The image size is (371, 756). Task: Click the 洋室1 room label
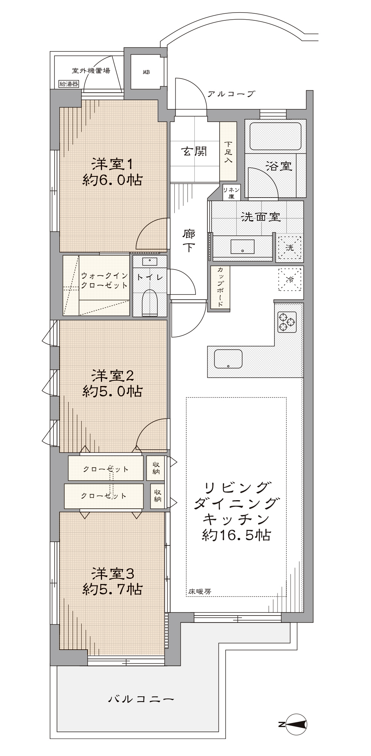pos(112,164)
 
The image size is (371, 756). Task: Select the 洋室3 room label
pos(112,574)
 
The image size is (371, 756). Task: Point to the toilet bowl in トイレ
pos(150,302)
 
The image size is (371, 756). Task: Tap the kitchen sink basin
pos(228,359)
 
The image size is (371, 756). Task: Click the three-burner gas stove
pos(287,322)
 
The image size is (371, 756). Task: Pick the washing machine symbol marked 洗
pos(289,248)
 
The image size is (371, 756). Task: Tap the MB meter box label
pos(146,72)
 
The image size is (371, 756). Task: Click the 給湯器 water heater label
pos(69,84)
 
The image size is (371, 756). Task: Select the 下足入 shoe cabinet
pos(228,151)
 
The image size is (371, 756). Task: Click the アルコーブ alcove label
pos(231,94)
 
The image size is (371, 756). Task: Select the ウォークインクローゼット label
pos(104,280)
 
